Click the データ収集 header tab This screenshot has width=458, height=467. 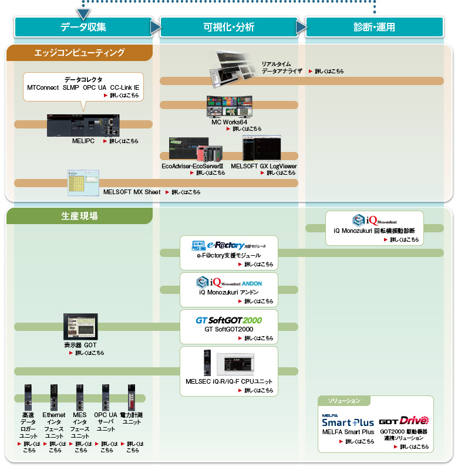click(x=83, y=27)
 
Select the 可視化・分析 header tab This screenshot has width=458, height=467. click(x=229, y=27)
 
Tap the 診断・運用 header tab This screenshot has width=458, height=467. click(x=374, y=27)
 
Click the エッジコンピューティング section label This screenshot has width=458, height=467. click(x=79, y=53)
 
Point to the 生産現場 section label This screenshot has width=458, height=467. click(x=79, y=216)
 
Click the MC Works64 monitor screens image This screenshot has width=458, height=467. click(x=229, y=107)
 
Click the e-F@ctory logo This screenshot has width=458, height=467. click(x=229, y=244)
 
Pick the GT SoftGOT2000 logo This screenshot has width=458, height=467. click(x=229, y=320)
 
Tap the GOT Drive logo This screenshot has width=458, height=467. click(x=403, y=421)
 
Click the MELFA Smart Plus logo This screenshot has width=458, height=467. click(x=348, y=421)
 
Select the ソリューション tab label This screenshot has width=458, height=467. click(x=345, y=401)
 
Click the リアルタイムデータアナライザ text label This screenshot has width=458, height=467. click(x=282, y=67)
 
